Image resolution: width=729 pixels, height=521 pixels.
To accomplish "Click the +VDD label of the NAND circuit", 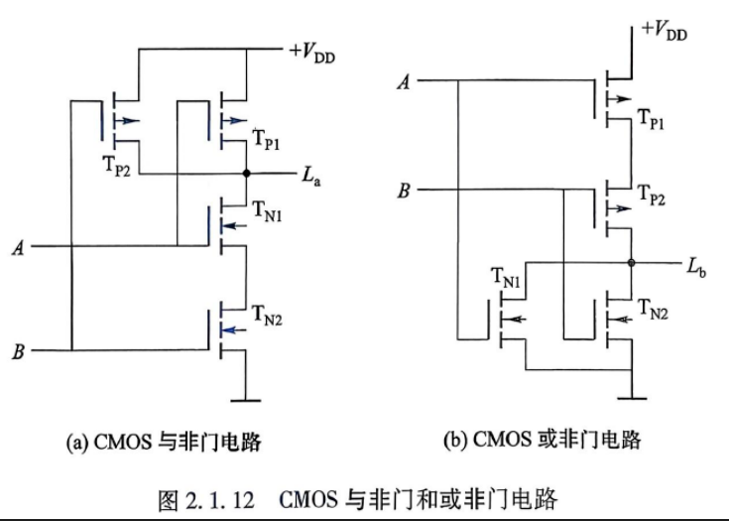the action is (312, 53).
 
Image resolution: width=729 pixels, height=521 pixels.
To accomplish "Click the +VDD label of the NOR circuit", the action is (664, 31).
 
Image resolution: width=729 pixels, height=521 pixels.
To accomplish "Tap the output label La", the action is (311, 176).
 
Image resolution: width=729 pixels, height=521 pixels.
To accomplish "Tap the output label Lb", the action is (696, 268).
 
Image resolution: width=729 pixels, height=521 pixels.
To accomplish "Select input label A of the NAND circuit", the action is (18, 247).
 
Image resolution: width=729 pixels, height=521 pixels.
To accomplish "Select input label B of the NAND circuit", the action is (18, 351).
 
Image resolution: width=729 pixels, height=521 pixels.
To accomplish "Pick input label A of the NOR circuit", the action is (405, 81).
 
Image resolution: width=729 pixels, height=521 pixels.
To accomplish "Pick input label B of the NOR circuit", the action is (404, 191).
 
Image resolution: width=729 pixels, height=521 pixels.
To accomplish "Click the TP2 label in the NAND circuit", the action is (116, 166).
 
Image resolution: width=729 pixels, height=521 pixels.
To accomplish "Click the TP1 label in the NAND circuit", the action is (267, 139).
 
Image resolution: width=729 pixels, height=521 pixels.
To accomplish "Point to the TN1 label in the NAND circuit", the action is (268, 210).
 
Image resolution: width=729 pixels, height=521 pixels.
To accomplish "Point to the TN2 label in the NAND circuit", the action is (268, 315).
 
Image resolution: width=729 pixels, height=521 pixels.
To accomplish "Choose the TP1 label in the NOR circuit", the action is (652, 118).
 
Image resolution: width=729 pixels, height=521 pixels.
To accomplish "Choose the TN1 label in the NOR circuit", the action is (506, 278).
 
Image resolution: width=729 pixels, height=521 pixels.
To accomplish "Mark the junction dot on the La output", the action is (246, 174).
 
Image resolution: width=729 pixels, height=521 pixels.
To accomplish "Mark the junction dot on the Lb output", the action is (631, 263).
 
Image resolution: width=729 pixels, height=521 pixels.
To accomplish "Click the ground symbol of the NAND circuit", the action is (246, 400).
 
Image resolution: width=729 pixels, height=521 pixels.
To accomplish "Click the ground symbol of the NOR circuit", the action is (632, 398).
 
